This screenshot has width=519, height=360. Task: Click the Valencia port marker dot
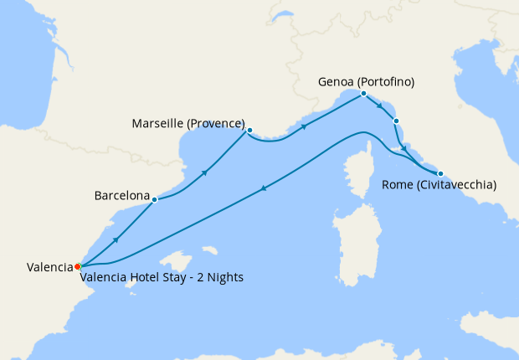point(77,266)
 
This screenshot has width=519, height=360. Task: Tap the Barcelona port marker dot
point(155,199)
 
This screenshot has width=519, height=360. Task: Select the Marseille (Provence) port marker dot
point(249,130)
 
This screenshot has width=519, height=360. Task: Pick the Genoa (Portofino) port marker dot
point(363,94)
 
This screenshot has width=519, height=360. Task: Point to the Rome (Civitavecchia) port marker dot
point(440,173)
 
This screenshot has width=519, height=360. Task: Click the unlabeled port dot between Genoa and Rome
point(396,121)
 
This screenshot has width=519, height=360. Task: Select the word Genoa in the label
point(337,82)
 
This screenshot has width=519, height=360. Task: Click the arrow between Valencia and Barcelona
point(116,240)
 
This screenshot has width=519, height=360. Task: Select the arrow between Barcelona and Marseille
point(204,172)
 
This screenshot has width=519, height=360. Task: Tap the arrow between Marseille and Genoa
point(303,127)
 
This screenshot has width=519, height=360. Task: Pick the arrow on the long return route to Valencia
point(265,189)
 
